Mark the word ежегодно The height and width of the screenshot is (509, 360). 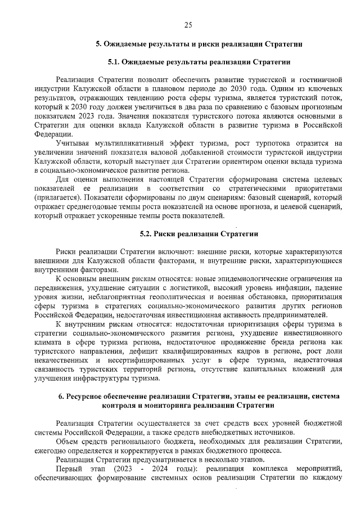pos(51,451)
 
